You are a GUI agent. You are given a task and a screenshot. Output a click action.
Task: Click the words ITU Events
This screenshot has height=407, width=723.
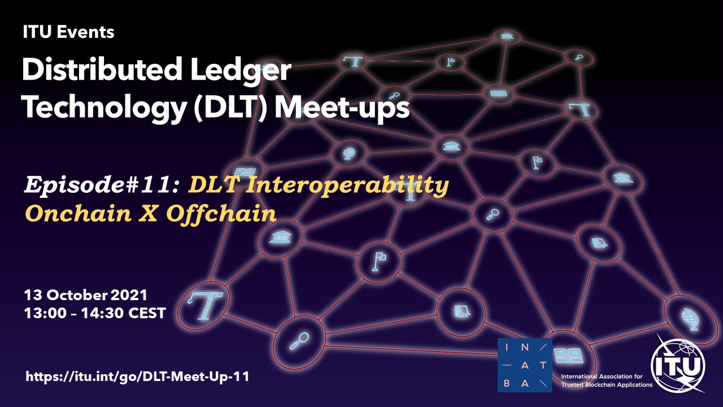click(x=68, y=32)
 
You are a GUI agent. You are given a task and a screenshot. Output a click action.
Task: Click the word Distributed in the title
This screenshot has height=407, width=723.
click(x=102, y=70)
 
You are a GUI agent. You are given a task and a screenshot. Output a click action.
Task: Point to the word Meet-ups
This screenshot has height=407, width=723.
click(x=342, y=107)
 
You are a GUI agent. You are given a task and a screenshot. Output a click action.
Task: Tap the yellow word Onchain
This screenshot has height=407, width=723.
click(x=79, y=213)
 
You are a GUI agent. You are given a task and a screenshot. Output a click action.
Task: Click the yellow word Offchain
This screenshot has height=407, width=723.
click(x=221, y=213)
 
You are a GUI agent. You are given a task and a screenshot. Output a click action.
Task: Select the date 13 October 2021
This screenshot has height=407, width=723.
click(x=85, y=295)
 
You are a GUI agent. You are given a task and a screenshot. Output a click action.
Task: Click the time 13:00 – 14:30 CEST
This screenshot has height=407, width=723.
click(x=95, y=313)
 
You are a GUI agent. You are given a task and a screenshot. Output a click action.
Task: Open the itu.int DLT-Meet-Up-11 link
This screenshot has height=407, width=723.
click(x=137, y=376)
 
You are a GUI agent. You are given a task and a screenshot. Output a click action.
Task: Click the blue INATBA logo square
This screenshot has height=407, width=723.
click(x=525, y=365)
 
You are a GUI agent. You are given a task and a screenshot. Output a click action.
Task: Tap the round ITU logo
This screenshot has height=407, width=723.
click(x=678, y=365)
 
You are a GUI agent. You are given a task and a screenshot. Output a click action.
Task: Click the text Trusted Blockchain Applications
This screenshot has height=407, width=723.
click(x=607, y=384)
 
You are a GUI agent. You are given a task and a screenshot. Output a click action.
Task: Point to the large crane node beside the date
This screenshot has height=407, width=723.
click(x=204, y=304)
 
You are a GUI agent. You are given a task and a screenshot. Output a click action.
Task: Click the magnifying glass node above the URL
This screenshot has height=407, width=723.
click(x=299, y=341)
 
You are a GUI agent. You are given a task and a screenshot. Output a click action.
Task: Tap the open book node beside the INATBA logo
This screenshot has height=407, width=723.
click(x=569, y=356)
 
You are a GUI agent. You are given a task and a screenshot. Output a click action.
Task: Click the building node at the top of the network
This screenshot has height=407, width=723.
click(x=507, y=36)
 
